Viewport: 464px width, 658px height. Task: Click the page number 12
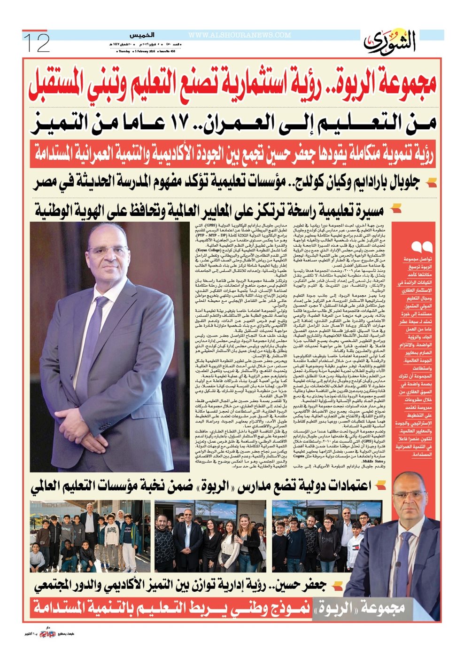(37, 43)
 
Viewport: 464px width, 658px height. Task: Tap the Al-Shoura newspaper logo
(390, 43)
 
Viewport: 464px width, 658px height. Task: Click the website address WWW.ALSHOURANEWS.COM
(240, 35)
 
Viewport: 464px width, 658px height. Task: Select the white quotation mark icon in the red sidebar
(421, 247)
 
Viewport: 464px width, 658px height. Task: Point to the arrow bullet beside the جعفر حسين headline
(337, 586)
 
